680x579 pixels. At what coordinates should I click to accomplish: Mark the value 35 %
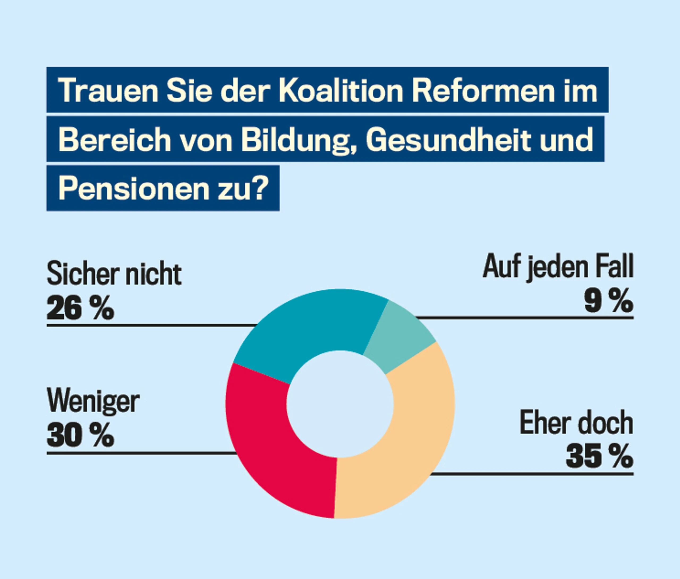pos(600,457)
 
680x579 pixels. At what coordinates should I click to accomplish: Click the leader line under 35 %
pos(532,474)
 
